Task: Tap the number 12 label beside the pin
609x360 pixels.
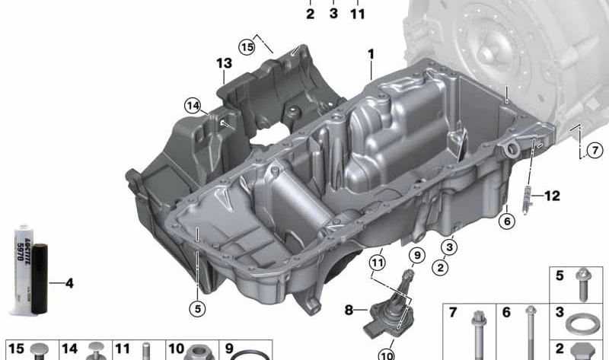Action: pyautogui.click(x=551, y=196)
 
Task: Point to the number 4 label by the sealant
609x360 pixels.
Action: pyautogui.click(x=69, y=284)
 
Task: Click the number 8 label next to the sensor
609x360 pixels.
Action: pyautogui.click(x=349, y=310)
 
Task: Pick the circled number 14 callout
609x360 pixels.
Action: pyautogui.click(x=193, y=106)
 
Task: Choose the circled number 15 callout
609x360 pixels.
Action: pyautogui.click(x=246, y=46)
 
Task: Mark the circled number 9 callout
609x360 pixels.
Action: pyautogui.click(x=417, y=255)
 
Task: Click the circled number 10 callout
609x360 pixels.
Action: pyautogui.click(x=387, y=353)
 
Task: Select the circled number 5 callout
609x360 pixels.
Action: pyautogui.click(x=197, y=308)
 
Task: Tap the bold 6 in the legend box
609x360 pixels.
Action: pyautogui.click(x=506, y=312)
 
